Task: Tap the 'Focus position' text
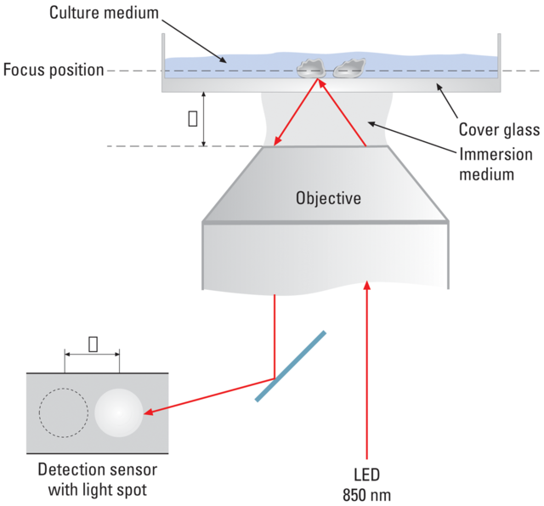[x=52, y=70]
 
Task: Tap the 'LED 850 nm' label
[x=367, y=484]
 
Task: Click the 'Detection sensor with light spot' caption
[x=96, y=480]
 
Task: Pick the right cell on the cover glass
[x=348, y=67]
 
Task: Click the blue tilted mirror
[x=288, y=366]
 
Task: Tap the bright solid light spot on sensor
[x=119, y=412]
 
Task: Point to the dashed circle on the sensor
[x=63, y=413]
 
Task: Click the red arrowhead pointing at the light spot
[x=150, y=413]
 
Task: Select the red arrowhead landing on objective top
[x=279, y=142]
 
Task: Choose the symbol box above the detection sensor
[x=92, y=343]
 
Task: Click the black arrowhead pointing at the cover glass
[x=439, y=87]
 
